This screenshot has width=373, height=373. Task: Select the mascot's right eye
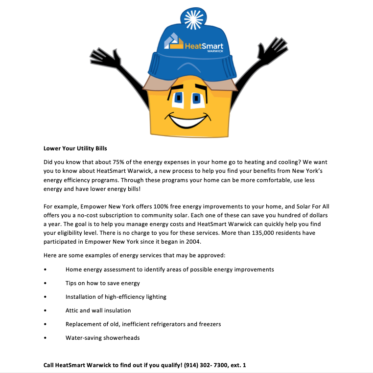click(x=197, y=98)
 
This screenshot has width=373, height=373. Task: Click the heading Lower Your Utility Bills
click(x=75, y=148)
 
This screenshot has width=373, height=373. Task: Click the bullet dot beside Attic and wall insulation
click(x=45, y=311)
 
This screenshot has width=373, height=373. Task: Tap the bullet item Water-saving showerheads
click(x=102, y=338)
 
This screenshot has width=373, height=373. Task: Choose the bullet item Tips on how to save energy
click(x=102, y=283)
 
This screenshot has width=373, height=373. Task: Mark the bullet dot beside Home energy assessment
click(x=45, y=269)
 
